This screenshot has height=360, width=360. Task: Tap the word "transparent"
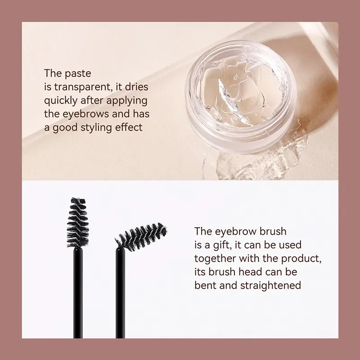click(x=79, y=86)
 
